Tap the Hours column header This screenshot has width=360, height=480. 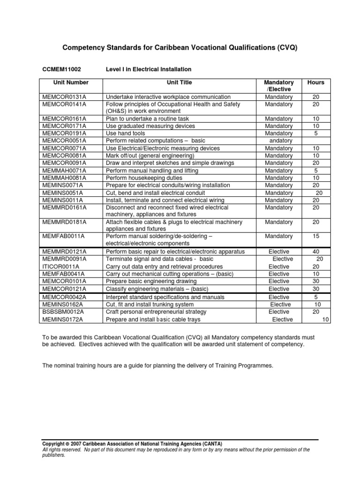point(315,82)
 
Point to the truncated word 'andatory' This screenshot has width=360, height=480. point(280,141)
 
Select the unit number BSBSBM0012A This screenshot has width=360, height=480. point(64,312)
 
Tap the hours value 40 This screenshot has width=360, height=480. point(315,251)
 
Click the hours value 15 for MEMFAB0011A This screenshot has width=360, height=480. point(315,236)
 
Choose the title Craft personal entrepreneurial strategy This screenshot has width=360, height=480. point(156,312)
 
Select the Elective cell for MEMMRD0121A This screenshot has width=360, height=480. point(279,251)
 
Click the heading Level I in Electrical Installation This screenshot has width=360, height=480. point(149,69)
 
